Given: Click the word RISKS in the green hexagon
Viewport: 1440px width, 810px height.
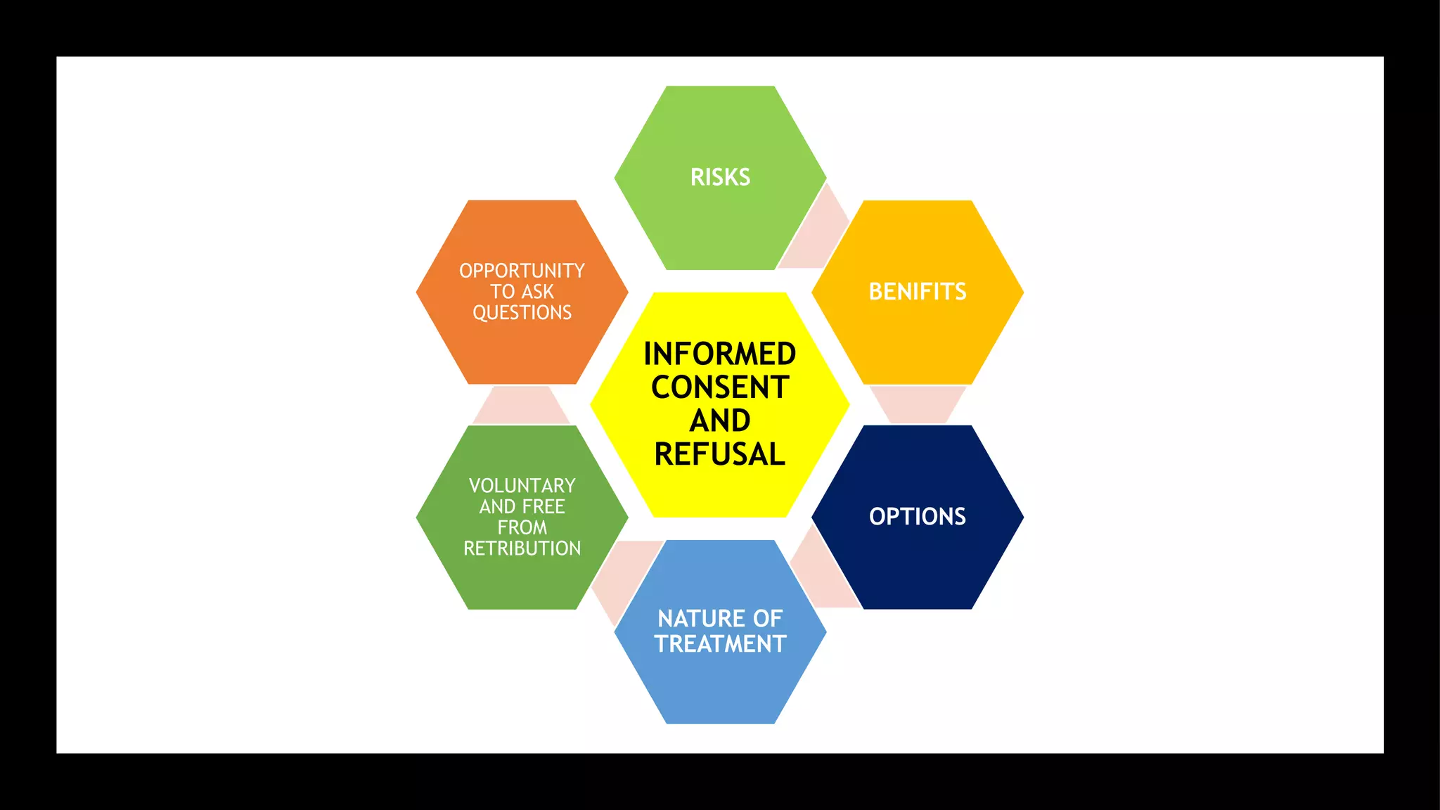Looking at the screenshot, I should coord(720,177).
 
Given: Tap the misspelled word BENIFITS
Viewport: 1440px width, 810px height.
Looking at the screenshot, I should coord(918,292).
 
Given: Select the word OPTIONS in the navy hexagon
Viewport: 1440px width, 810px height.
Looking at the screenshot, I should coord(918,517).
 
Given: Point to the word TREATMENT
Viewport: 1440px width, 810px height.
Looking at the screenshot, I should coord(720,644).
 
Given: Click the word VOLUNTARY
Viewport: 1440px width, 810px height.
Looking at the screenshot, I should coord(522,486).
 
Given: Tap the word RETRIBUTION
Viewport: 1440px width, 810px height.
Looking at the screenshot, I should coord(522,548).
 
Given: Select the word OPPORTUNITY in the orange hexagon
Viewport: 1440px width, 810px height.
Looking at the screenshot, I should coord(522,271).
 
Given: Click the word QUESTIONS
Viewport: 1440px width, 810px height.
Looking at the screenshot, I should coord(522,312).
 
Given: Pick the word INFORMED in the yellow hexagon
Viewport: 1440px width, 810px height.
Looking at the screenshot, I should coord(720,354).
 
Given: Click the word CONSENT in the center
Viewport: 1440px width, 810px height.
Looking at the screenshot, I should coord(720,387).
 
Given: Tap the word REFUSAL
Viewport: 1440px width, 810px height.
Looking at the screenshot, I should coord(720,454).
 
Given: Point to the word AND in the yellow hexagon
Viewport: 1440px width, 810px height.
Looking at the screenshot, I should coord(720,420).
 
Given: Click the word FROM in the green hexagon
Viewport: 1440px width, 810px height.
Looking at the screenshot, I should coord(522,527).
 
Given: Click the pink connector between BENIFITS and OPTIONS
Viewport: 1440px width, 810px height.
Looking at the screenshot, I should coord(918,404).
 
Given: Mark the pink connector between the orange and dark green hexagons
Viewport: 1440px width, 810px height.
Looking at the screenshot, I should coord(521,405).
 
